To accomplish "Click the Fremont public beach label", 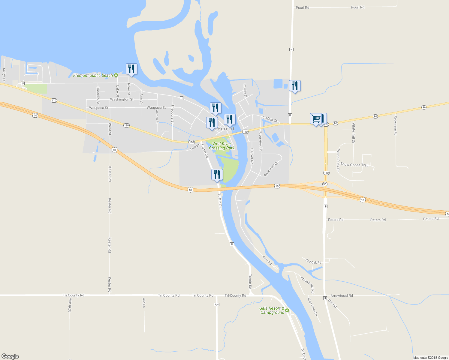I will (x=93, y=75).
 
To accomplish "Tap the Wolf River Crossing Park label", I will (x=222, y=146).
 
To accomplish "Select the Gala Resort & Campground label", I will (x=272, y=310).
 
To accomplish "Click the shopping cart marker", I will (x=315, y=119).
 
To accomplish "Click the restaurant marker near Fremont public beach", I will (x=131, y=69).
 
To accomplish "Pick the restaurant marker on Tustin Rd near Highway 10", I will (x=217, y=175).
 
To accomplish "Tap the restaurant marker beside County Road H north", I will (x=295, y=86).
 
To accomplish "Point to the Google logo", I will (x=10, y=356).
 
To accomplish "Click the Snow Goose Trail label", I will (x=354, y=165).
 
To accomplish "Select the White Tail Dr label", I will (x=353, y=133).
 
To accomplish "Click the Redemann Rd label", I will (x=396, y=125).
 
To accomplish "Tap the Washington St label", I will (x=122, y=99).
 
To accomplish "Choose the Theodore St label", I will (x=173, y=114).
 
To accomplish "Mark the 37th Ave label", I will (x=70, y=305).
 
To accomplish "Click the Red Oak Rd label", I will (x=313, y=261).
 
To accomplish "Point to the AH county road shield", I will (x=216, y=304).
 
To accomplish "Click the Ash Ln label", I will (x=144, y=303).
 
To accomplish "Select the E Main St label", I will (x=270, y=119).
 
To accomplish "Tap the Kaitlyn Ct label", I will (x=4, y=75).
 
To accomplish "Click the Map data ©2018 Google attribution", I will (x=430, y=358).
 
